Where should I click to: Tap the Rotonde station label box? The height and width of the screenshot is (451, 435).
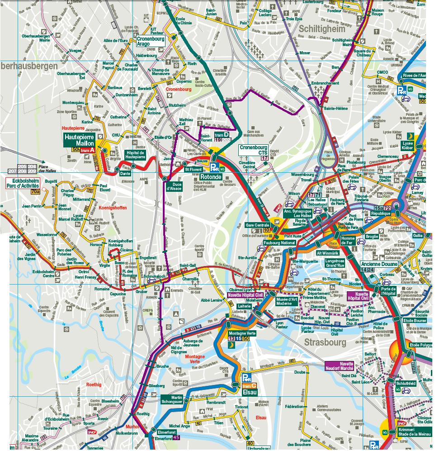211,177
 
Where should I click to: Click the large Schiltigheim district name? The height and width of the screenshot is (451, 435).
322,29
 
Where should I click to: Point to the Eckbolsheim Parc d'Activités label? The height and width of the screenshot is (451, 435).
23,183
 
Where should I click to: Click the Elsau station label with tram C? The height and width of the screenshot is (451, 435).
250,392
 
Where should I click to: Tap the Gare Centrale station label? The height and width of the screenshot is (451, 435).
257,225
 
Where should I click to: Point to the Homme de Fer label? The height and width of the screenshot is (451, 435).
348,241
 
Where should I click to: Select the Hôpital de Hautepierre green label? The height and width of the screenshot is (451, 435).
135,155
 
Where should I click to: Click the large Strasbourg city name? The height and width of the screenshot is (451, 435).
325,342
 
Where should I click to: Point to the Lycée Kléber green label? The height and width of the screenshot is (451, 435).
407,145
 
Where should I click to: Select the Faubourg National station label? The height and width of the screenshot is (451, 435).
279,242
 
